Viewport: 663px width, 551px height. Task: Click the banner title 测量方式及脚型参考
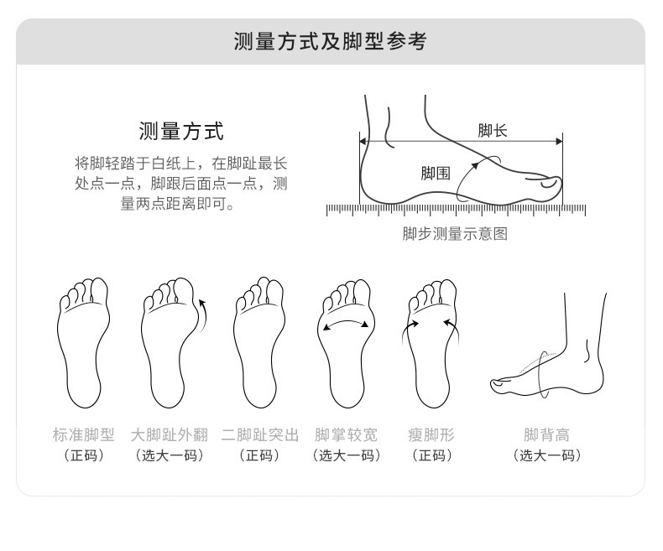330,41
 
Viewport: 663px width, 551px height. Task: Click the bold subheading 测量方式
181,131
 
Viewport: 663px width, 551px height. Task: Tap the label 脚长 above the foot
492,131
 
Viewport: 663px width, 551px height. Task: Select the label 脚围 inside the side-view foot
435,173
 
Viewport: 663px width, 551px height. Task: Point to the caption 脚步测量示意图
455,234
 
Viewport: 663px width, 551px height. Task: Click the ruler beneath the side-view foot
456,210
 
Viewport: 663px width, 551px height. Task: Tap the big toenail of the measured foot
549,184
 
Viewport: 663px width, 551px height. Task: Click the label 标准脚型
84,434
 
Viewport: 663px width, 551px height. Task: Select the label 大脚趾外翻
170,434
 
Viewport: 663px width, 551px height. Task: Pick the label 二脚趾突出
259,434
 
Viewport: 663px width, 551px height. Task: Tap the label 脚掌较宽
346,434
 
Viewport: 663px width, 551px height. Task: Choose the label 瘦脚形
431,434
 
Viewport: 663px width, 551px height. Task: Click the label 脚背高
546,434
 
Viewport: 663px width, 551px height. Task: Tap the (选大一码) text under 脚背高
546,455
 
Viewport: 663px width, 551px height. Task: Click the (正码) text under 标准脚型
84,455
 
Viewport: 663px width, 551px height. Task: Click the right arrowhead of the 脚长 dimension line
559,141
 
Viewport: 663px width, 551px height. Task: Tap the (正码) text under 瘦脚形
431,455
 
